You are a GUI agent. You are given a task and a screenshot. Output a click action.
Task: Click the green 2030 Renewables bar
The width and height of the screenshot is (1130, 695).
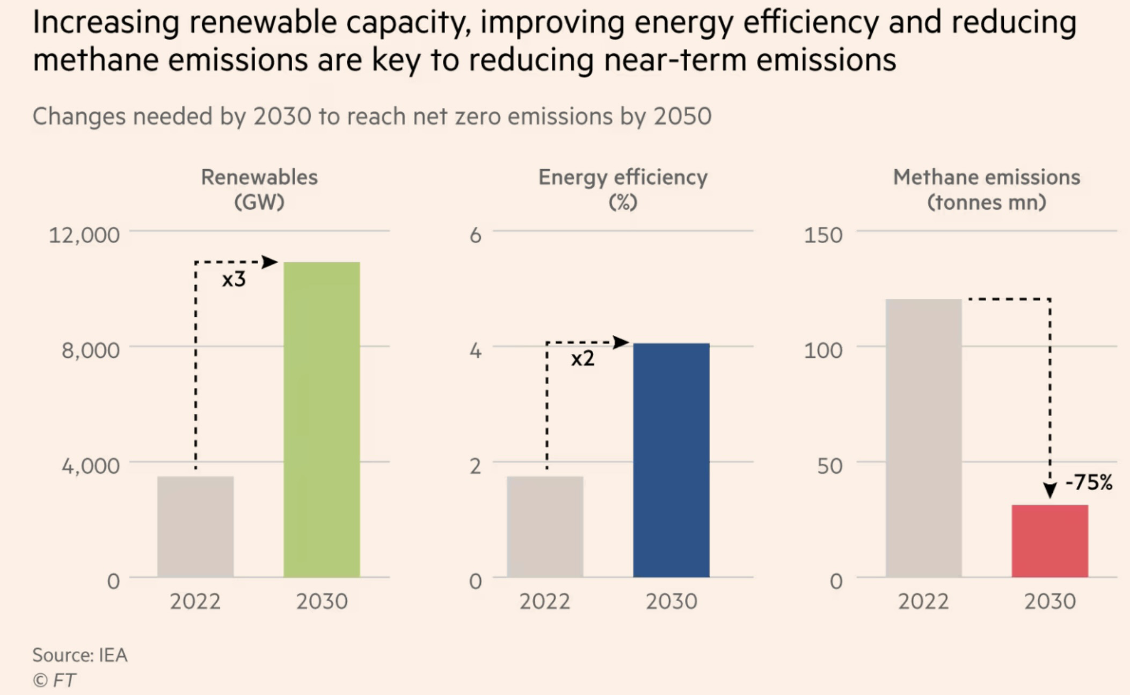click(322, 419)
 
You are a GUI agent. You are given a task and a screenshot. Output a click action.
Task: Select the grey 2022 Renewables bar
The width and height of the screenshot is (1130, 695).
click(195, 526)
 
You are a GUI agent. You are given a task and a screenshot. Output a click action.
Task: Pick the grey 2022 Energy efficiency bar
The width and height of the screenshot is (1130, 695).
click(545, 526)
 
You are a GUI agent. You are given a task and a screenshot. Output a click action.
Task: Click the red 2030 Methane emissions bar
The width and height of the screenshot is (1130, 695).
click(1050, 541)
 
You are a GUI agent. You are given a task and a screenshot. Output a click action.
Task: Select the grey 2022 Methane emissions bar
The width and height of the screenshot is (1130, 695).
click(923, 438)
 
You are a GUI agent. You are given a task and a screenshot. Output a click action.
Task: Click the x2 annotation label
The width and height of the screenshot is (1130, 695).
click(583, 359)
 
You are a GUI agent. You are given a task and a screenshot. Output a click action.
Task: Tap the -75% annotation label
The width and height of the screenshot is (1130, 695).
click(1089, 482)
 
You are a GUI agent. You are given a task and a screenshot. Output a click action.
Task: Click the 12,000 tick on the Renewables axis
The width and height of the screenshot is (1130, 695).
click(84, 235)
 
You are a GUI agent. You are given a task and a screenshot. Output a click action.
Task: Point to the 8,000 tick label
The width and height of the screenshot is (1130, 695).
click(90, 350)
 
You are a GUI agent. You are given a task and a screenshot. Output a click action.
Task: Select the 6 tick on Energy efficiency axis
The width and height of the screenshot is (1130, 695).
click(476, 235)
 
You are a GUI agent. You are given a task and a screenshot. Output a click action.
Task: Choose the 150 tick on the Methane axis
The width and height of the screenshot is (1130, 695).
click(823, 235)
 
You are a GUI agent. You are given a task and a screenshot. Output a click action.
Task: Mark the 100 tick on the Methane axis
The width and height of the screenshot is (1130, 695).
click(823, 350)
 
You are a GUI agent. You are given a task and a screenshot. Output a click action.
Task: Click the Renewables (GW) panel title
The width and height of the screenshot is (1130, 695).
click(259, 189)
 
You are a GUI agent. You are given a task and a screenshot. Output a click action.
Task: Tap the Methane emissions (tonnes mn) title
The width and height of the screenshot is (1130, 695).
click(987, 189)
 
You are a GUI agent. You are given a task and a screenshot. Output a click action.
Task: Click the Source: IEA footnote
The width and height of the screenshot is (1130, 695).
click(80, 655)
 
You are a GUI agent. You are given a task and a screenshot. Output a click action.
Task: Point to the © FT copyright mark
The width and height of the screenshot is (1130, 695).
click(54, 681)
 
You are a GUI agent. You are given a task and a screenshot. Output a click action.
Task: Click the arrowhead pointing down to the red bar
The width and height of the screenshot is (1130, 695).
click(1050, 489)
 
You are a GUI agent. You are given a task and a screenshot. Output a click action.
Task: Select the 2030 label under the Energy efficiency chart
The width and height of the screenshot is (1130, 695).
click(671, 601)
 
